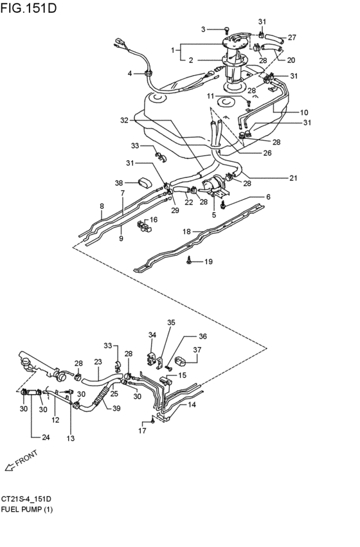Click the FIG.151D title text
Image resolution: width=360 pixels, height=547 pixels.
[x=28, y=7]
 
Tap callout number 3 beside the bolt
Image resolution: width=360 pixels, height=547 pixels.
[x=203, y=30]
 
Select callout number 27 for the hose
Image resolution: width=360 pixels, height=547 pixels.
[x=292, y=37]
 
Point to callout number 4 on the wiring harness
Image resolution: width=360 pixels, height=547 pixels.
[x=130, y=74]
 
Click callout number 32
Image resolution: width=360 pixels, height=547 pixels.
[x=124, y=120]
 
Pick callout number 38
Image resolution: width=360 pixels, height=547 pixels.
[x=119, y=183]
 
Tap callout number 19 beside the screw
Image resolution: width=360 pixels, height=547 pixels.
[x=208, y=262]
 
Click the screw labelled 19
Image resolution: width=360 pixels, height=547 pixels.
[x=189, y=260]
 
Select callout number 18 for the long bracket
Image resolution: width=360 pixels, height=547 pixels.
[x=187, y=231]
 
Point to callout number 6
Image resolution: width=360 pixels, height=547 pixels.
[x=268, y=197]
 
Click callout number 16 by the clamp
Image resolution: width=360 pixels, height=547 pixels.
[x=154, y=219]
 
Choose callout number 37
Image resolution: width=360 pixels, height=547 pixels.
[x=197, y=350]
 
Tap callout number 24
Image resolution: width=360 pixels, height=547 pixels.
[x=46, y=437]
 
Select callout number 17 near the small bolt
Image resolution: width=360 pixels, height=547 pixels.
[x=142, y=431]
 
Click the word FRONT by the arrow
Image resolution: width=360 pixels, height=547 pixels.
[x=26, y=458]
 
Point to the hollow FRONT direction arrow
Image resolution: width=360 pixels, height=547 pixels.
[x=10, y=467]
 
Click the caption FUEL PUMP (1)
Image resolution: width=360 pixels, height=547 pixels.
[x=27, y=510]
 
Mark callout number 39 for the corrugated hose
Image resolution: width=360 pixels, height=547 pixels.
[x=116, y=408]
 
